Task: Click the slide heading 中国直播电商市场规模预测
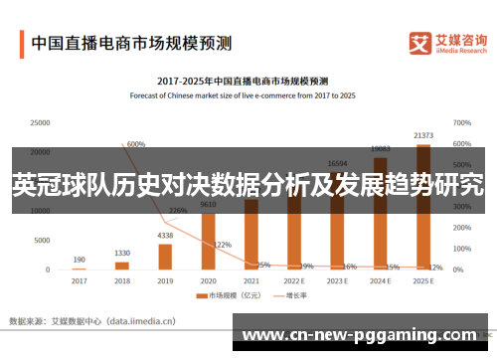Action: click(x=131, y=43)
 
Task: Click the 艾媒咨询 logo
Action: click(x=448, y=44)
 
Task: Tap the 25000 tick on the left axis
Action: click(x=40, y=123)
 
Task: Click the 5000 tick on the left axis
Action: click(x=42, y=240)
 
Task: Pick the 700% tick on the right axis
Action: click(x=462, y=123)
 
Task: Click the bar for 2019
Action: click(x=165, y=256)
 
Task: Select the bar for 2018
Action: click(x=122, y=265)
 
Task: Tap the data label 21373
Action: click(x=422, y=135)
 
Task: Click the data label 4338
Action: click(x=165, y=236)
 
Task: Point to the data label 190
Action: click(x=79, y=260)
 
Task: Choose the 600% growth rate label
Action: click(x=136, y=144)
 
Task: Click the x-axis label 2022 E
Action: click(x=293, y=280)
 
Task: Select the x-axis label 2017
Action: click(x=79, y=280)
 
